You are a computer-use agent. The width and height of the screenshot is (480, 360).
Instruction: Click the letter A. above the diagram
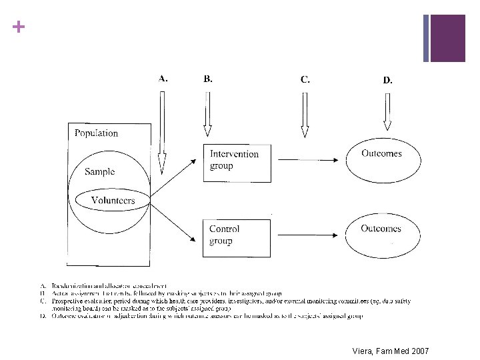pyautogui.click(x=163, y=77)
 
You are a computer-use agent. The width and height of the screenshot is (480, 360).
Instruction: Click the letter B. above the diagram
pyautogui.click(x=208, y=78)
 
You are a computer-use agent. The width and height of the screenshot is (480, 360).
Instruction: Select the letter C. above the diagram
pyautogui.click(x=305, y=79)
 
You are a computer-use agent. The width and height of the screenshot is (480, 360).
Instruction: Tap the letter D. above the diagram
pyautogui.click(x=387, y=80)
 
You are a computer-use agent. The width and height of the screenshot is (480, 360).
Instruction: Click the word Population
pyautogui.click(x=96, y=133)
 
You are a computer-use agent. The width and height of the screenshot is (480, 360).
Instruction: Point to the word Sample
pyautogui.click(x=99, y=171)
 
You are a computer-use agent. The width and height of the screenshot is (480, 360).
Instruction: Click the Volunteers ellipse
pyautogui.click(x=113, y=199)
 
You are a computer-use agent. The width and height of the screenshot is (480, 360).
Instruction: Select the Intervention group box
pyautogui.click(x=237, y=163)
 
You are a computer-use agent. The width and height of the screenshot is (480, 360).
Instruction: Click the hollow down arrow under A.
pyautogui.click(x=161, y=133)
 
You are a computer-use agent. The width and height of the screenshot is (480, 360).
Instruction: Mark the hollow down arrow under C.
pyautogui.click(x=305, y=113)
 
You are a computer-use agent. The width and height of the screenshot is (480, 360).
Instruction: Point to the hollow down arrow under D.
pyautogui.click(x=387, y=112)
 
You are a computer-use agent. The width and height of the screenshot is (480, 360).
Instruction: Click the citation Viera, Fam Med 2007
pyautogui.click(x=392, y=351)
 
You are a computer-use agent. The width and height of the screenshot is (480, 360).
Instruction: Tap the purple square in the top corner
pyautogui.click(x=447, y=37)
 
